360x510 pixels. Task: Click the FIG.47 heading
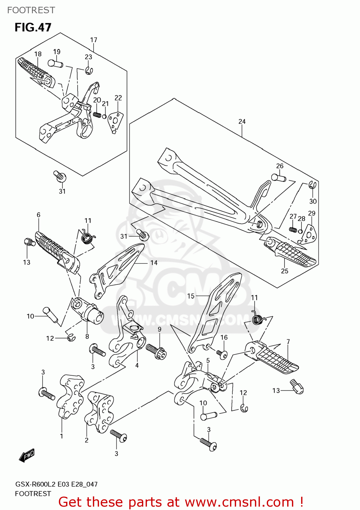coord(33,27)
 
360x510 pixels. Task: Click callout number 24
coord(242,121)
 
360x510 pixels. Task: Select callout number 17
coord(94,40)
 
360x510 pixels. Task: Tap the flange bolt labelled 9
coord(157,351)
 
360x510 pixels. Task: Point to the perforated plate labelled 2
coord(100,411)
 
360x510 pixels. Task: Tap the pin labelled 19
coord(55,63)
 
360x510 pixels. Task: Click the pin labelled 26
coord(279,177)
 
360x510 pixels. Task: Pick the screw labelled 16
coord(222,354)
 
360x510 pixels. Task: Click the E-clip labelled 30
coord(313,185)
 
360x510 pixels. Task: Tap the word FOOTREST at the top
coord(31,10)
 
